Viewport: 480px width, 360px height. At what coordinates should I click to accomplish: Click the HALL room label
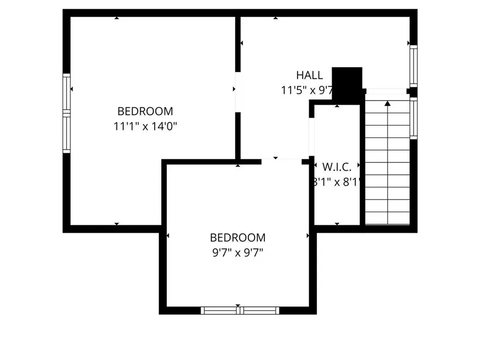click(x=309, y=75)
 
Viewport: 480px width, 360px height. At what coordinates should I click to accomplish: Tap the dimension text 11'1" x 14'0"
click(x=145, y=126)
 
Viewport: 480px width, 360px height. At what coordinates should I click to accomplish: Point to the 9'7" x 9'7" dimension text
click(x=238, y=253)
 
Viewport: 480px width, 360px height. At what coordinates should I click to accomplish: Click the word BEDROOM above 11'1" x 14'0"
click(x=145, y=112)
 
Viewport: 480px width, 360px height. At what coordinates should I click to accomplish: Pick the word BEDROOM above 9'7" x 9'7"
click(x=238, y=238)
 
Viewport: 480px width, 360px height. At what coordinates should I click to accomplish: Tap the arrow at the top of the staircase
click(x=388, y=103)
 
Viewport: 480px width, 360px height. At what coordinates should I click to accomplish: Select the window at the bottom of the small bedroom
click(x=240, y=310)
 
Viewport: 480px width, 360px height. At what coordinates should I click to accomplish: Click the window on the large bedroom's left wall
click(x=67, y=113)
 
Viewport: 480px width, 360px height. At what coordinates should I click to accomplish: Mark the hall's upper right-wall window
click(x=413, y=66)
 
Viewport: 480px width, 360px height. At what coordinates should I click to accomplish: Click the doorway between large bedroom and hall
click(x=238, y=92)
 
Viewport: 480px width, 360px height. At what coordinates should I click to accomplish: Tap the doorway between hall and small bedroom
click(x=281, y=161)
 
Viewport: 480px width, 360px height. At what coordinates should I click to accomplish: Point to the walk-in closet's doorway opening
click(x=311, y=136)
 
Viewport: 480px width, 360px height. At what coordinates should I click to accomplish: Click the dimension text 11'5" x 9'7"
click(x=307, y=90)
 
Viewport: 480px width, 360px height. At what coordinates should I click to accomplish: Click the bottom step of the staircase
click(x=387, y=218)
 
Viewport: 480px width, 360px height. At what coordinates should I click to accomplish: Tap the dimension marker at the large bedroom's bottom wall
click(x=116, y=224)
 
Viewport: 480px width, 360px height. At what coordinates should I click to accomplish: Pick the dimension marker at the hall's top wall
click(x=276, y=18)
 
